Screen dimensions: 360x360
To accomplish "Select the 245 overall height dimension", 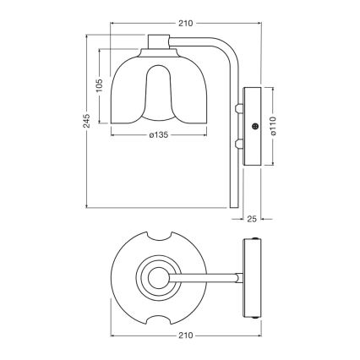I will tap(83, 123).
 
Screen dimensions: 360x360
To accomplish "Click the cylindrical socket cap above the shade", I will tap(159, 42).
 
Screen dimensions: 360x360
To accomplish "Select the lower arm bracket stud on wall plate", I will tap(240, 144).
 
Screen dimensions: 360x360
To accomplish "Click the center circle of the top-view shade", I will tap(156, 275).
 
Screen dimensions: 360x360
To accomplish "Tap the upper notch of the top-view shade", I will tap(156, 236).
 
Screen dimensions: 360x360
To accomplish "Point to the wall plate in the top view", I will tap(252, 275).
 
